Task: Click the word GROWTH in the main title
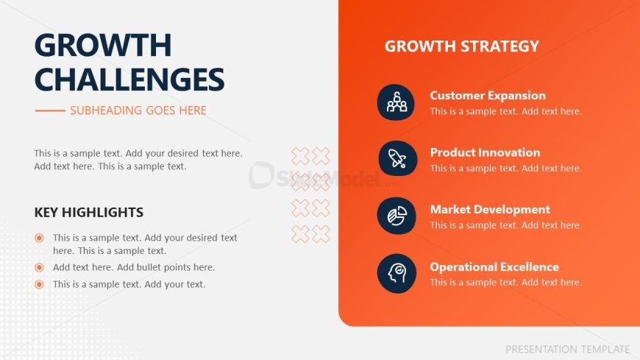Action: point(103,45)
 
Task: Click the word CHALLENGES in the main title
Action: point(129,80)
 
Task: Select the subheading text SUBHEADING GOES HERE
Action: point(138,110)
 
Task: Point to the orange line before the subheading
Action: point(50,110)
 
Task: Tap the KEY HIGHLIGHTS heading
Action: point(89,213)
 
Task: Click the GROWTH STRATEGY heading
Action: point(462,46)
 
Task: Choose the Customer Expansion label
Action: point(488,96)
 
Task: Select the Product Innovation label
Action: point(486,152)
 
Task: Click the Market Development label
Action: point(490,210)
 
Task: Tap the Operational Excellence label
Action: point(494,267)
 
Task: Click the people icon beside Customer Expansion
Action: point(396,102)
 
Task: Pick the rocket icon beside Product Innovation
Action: point(397,158)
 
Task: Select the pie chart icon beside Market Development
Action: point(397,216)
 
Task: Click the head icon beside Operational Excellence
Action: point(397,273)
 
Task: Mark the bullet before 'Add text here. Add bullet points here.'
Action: point(39,267)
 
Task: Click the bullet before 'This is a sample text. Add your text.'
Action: point(39,284)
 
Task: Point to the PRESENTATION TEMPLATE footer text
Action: point(567,350)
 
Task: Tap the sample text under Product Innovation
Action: point(505,169)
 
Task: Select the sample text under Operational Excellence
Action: point(505,283)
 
